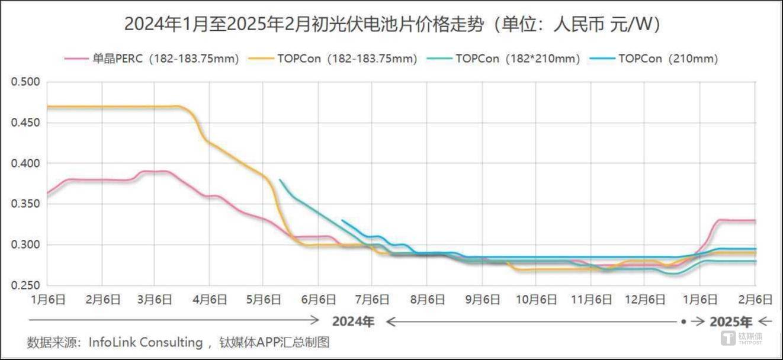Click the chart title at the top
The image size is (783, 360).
(391, 24)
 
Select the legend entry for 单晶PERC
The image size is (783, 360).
(152, 59)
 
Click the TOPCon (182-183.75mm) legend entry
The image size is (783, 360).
(335, 59)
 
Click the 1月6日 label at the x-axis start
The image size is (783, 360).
(47, 300)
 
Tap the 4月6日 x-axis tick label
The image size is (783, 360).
(210, 300)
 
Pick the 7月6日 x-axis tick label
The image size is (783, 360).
(373, 300)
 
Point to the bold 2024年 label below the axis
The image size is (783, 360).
(353, 322)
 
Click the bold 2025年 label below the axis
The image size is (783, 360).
(731, 322)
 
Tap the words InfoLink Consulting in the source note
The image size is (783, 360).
(146, 342)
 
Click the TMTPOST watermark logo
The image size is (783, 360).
(742, 338)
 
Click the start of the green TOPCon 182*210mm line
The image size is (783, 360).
(280, 180)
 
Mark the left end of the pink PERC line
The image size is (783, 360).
(47, 194)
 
